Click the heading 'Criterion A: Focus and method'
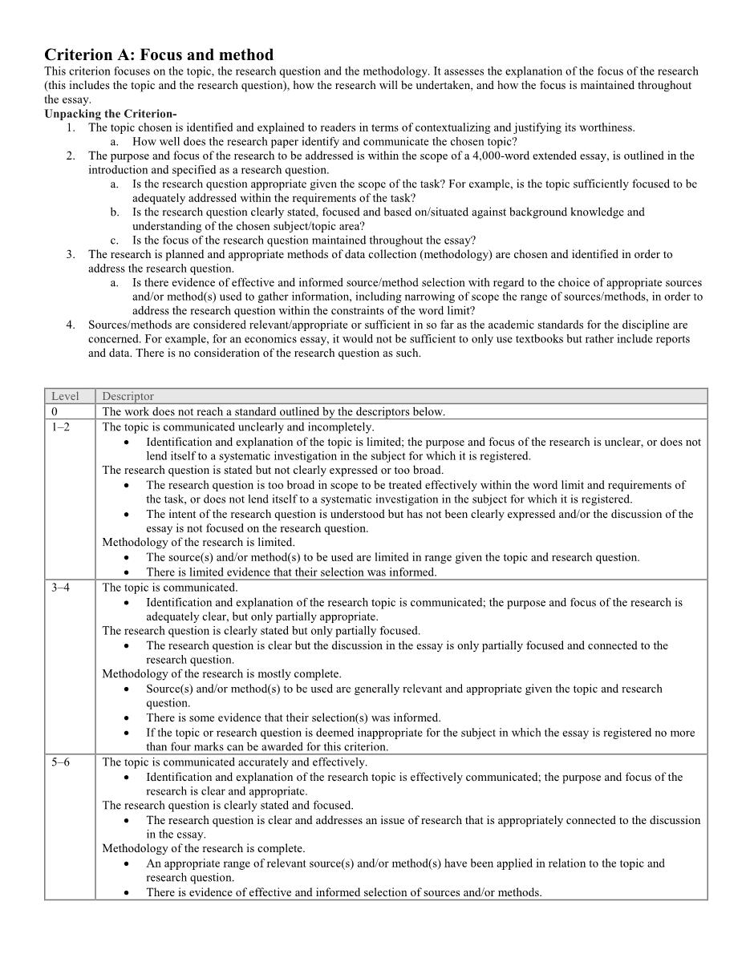point(158,55)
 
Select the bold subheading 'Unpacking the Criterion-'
point(110,114)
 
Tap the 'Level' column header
point(65,396)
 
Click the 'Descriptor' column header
point(128,396)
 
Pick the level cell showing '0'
point(55,412)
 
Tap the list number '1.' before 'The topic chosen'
point(71,127)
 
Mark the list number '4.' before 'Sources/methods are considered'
point(71,325)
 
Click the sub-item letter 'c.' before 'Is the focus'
point(116,240)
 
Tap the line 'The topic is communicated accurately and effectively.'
point(234,762)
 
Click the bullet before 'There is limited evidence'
point(128,572)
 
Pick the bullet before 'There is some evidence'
point(128,718)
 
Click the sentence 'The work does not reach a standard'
point(273,412)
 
